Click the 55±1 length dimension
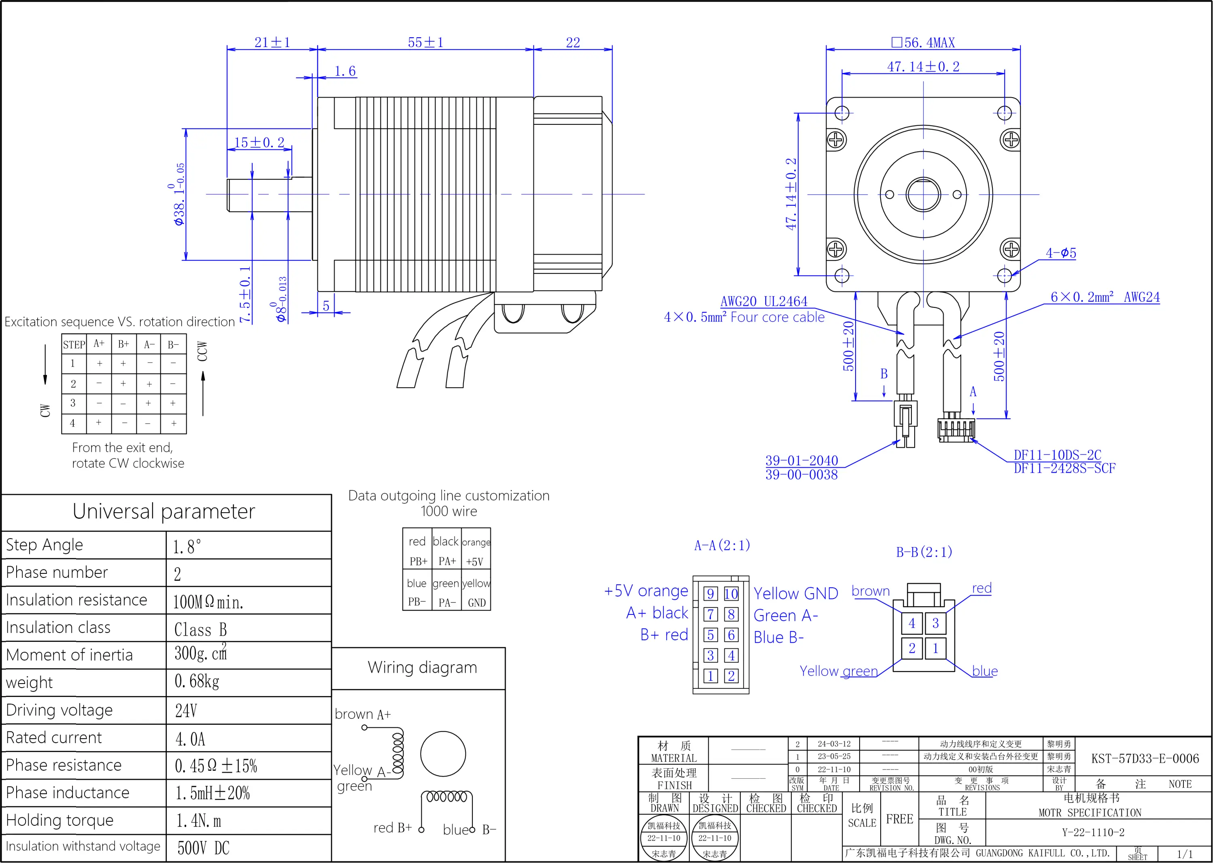(x=425, y=43)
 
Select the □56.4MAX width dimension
(x=923, y=43)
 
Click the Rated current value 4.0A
(x=190, y=739)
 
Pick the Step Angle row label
(x=45, y=545)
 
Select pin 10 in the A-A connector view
(x=731, y=594)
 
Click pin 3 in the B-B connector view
(x=935, y=623)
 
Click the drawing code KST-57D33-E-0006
(x=1145, y=758)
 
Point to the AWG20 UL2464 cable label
(x=764, y=301)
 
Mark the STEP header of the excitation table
(x=74, y=344)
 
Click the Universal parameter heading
(x=164, y=511)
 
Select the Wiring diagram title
(x=422, y=667)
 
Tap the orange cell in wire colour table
(x=476, y=542)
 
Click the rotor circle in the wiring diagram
(x=443, y=754)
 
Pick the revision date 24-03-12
(x=834, y=744)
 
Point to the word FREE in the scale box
(x=899, y=819)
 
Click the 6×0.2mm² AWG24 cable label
(x=1105, y=297)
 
